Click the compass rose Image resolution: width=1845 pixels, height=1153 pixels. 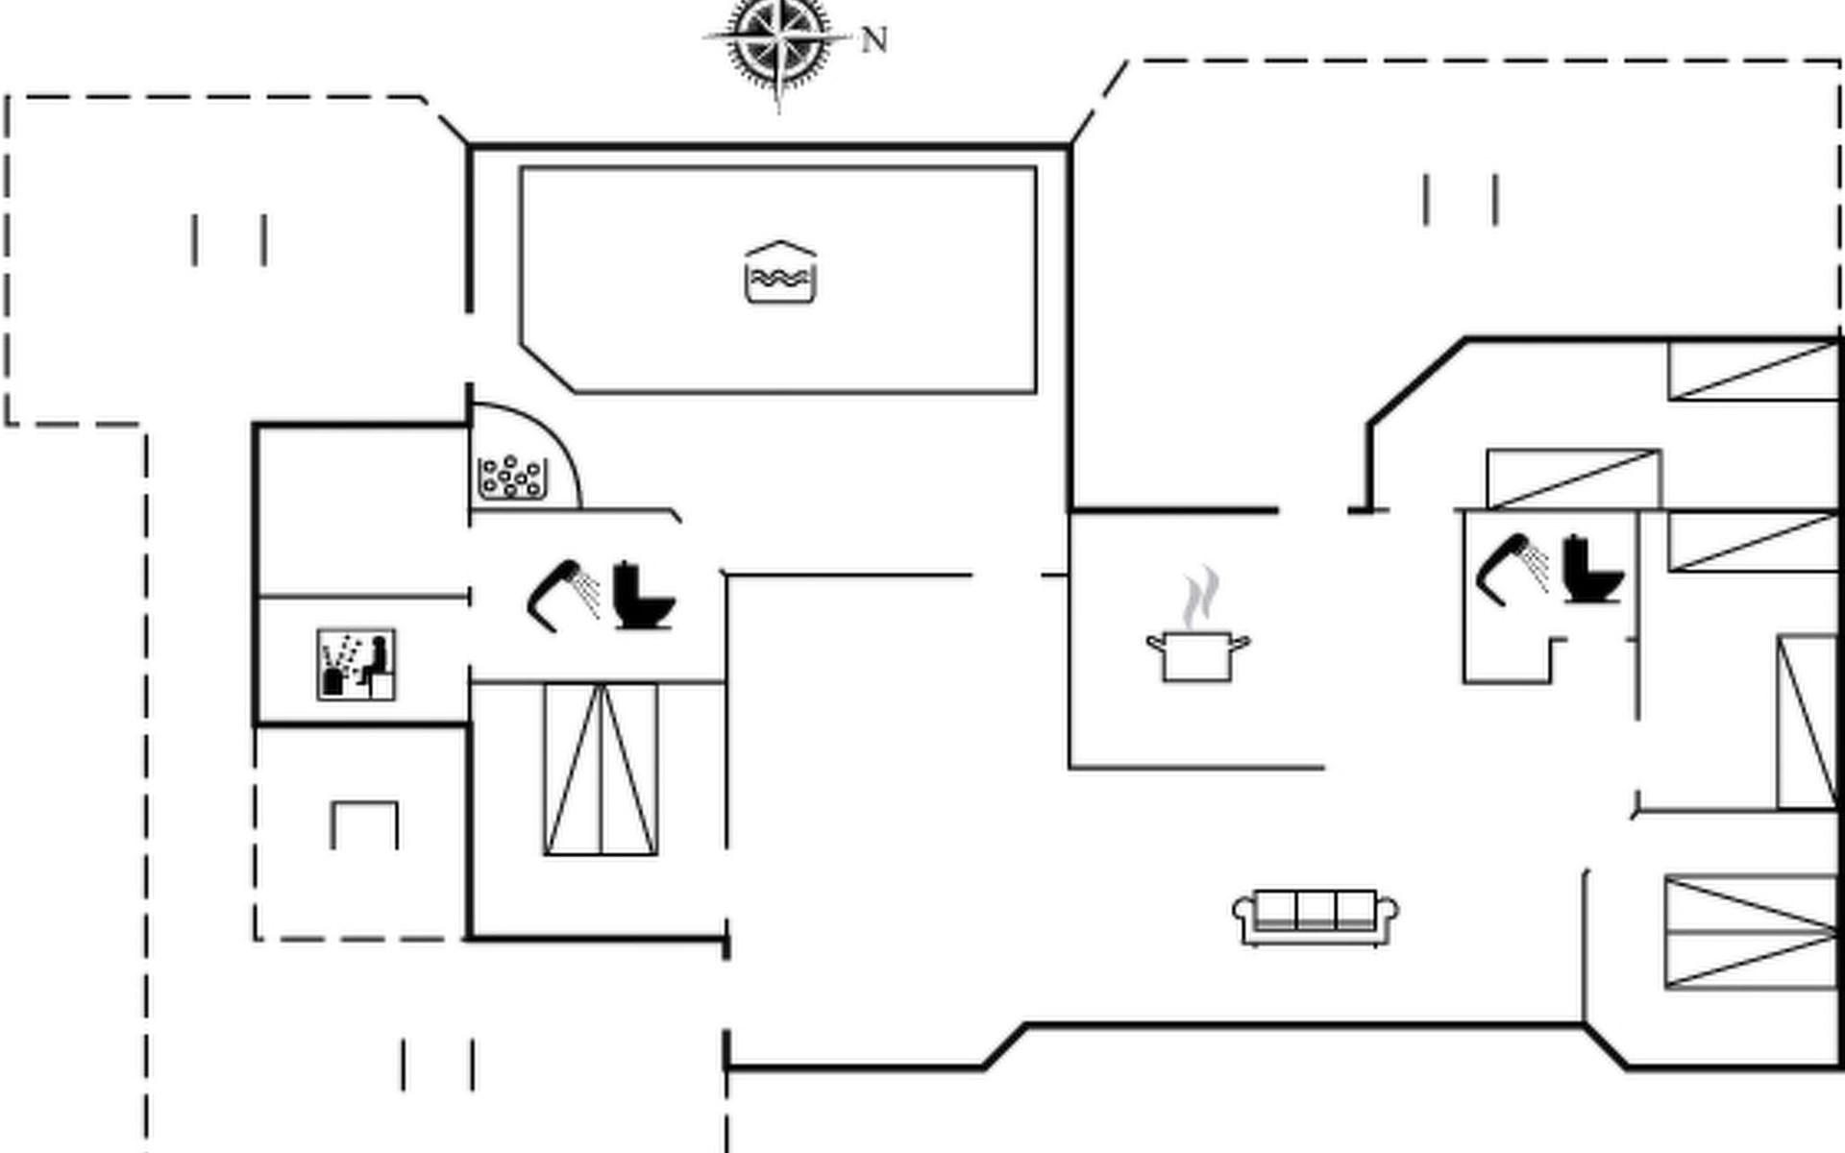[778, 40]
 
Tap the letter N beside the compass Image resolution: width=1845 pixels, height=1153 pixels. [873, 40]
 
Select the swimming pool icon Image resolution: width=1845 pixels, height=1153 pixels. [780, 274]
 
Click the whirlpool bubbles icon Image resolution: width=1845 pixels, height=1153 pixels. [513, 477]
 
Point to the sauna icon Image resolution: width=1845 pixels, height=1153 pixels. [357, 665]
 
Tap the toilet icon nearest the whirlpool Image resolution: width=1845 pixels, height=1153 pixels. [643, 596]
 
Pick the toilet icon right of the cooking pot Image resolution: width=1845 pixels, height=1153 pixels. [1592, 570]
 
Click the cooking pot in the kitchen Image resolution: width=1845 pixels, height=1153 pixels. [1197, 656]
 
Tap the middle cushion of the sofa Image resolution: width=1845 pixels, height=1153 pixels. [1316, 909]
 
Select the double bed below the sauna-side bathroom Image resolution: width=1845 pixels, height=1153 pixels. [601, 769]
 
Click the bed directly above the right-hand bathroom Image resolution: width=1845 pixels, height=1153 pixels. [1573, 478]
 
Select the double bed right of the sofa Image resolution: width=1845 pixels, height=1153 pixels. [1751, 932]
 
